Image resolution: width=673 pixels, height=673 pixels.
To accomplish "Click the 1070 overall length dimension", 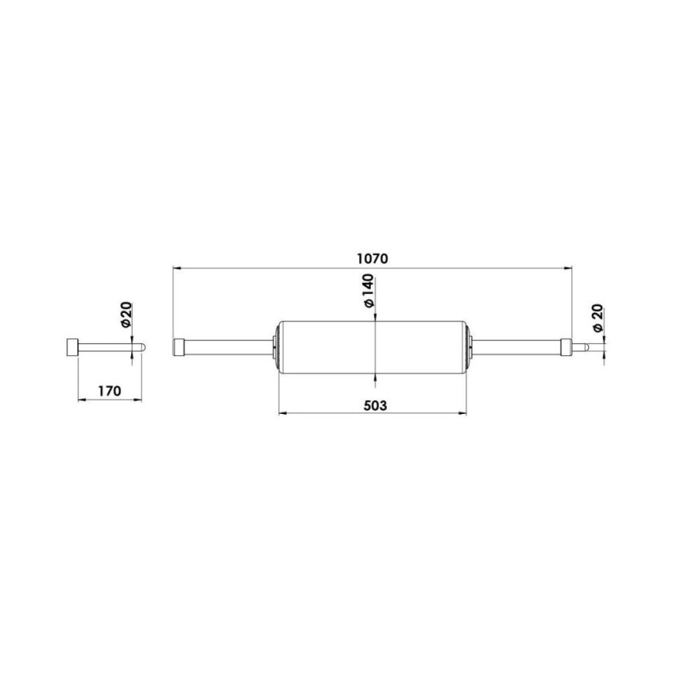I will click(372, 257).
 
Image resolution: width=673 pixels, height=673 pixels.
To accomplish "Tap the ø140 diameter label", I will click(367, 292).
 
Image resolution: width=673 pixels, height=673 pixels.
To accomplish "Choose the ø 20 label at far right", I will click(597, 317).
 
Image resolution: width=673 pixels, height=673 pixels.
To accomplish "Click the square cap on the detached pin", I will click(72, 346).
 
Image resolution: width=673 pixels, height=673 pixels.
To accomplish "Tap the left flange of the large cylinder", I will click(278, 346).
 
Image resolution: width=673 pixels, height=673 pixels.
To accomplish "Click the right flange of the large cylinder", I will click(468, 346).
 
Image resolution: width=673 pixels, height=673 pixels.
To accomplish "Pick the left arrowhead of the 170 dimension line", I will click(80, 400).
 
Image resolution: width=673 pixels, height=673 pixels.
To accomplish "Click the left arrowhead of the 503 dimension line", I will click(282, 413).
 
